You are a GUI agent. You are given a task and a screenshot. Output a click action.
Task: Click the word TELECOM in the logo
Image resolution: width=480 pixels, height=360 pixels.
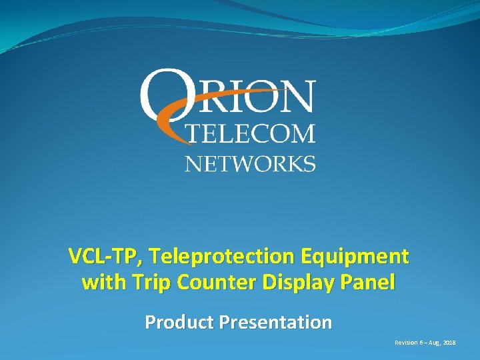249,134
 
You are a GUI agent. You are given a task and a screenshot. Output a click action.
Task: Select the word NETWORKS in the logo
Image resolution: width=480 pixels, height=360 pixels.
250,163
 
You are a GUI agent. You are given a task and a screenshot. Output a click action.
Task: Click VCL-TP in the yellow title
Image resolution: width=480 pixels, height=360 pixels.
97,256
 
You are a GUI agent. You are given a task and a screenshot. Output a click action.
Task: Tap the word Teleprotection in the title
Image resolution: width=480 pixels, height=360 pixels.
212,256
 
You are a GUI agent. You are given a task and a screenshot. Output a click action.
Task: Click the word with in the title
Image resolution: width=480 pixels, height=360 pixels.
99,283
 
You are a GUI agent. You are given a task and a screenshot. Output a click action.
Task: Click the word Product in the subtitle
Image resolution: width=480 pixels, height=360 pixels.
179,323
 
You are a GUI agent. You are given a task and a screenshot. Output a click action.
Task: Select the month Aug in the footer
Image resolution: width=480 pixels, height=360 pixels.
435,342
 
